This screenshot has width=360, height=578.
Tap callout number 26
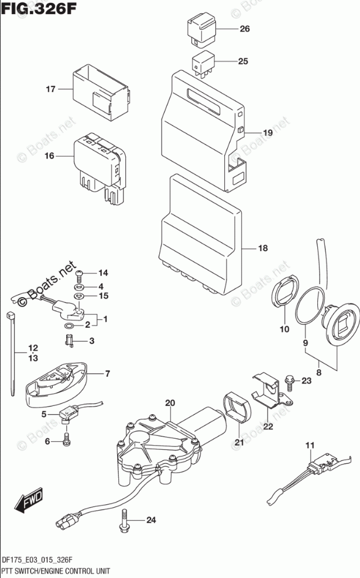244,29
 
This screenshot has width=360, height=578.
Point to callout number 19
267,133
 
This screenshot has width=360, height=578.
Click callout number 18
262,249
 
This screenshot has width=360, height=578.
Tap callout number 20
170,402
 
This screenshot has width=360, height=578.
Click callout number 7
107,373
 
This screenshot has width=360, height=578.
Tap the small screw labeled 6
67,436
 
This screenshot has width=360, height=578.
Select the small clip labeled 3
68,340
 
